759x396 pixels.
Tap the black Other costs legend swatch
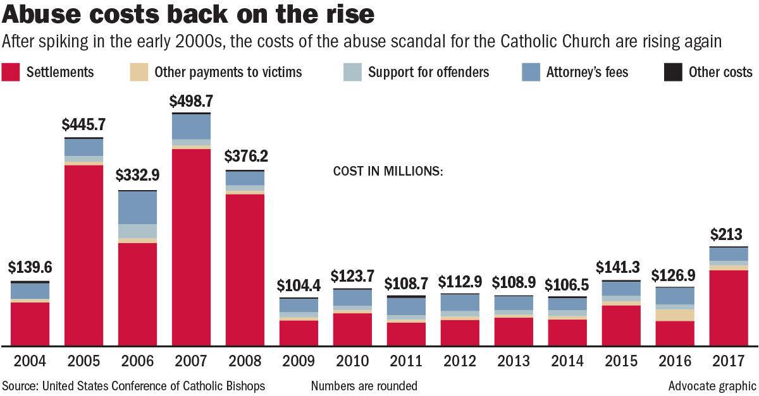point(673,72)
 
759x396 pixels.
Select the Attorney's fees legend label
point(587,72)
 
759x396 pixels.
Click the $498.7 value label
point(191,101)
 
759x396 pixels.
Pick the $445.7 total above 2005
point(83,125)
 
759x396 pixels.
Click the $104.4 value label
point(299,285)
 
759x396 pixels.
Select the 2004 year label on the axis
point(30,361)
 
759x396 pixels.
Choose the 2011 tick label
point(406,361)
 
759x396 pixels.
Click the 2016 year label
point(675,361)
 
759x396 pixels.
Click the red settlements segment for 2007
point(191,246)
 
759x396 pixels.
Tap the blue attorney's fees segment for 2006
point(137,207)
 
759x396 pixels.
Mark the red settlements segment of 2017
point(729,307)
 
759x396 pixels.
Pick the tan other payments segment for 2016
point(675,315)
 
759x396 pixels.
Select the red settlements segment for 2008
point(245,269)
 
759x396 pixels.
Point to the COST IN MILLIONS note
point(388,171)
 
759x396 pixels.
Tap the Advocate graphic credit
point(712,385)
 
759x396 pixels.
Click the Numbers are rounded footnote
point(364,385)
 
